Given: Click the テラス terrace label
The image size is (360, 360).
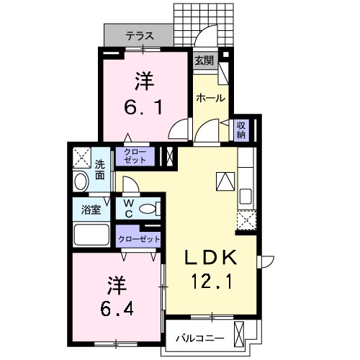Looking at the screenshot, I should [140, 34].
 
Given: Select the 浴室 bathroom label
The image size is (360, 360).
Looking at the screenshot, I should [91, 211].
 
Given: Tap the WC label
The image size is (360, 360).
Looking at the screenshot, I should [127, 210].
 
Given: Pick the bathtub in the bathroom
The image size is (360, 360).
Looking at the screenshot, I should [92, 235].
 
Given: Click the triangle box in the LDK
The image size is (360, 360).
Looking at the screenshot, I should [225, 181].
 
